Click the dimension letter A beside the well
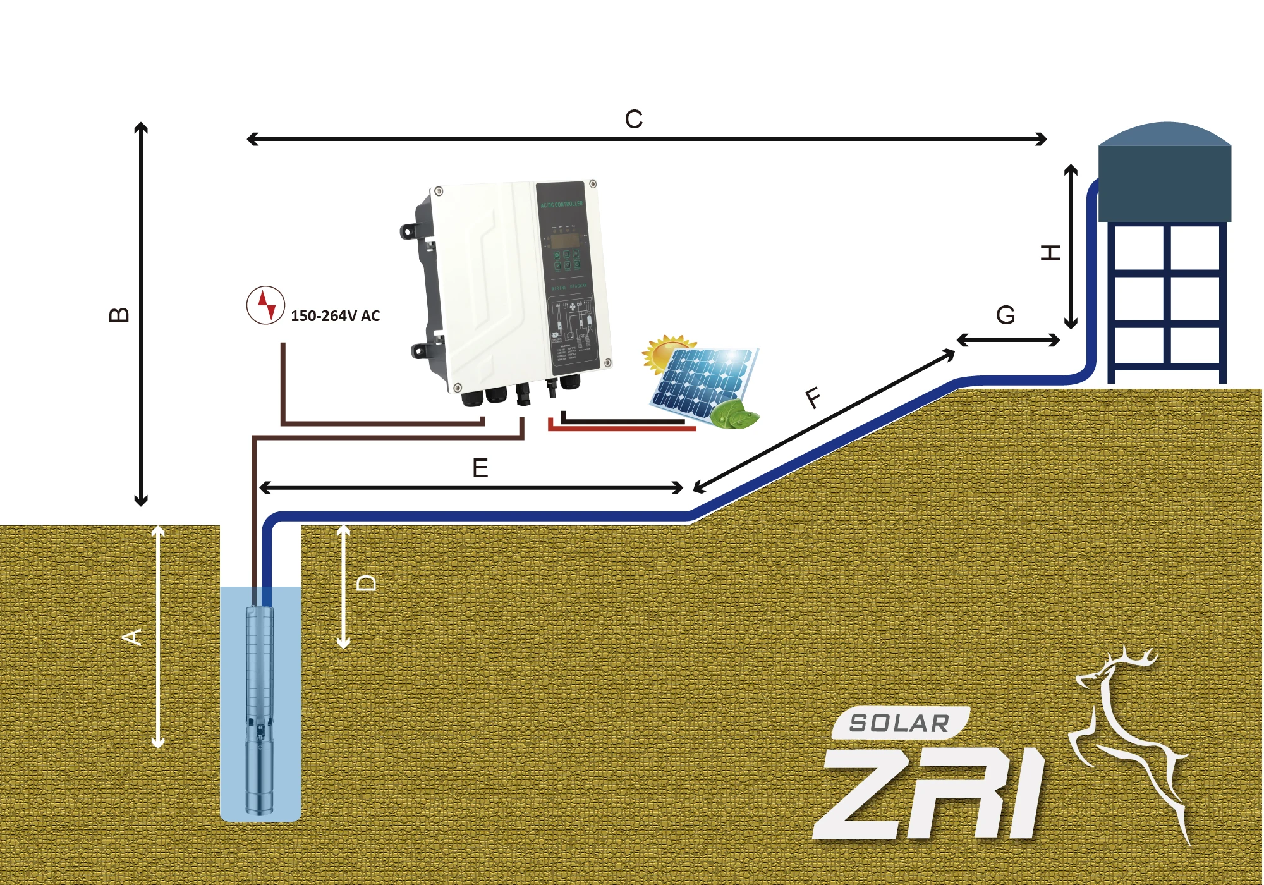132,637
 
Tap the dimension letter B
119,315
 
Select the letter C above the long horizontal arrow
633,119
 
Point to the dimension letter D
367,583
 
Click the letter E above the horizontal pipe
480,468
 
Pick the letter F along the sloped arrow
814,398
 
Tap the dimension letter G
1006,315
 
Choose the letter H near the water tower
1050,253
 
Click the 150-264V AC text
335,316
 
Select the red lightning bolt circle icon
265,305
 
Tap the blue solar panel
702,382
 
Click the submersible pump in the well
260,708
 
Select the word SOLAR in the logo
899,723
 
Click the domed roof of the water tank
1165,134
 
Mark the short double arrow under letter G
1008,341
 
